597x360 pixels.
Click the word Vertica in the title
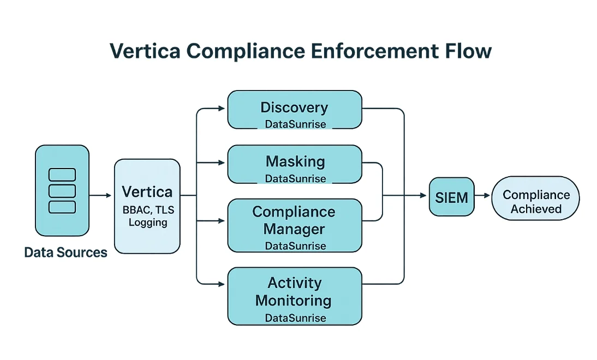click(x=144, y=51)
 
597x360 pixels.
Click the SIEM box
click(x=451, y=197)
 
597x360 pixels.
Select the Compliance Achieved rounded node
click(x=535, y=201)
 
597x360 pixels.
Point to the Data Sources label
click(x=66, y=252)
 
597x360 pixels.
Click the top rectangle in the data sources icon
click(x=62, y=175)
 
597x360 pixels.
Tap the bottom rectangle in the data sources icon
click(x=62, y=207)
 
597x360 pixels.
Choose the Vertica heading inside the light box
click(x=147, y=192)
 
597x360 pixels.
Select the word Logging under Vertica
click(x=148, y=223)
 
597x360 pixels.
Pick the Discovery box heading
click(x=294, y=107)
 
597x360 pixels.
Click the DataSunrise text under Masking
click(x=295, y=178)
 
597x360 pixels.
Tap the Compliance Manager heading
click(x=294, y=220)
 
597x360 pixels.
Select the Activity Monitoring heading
click(x=294, y=291)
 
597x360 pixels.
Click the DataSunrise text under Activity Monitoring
click(x=295, y=317)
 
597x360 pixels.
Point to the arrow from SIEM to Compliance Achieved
click(x=482, y=195)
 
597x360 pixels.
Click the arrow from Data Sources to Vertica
click(x=100, y=195)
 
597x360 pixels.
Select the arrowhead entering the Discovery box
click(x=221, y=109)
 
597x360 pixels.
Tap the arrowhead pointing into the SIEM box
click(x=423, y=195)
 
